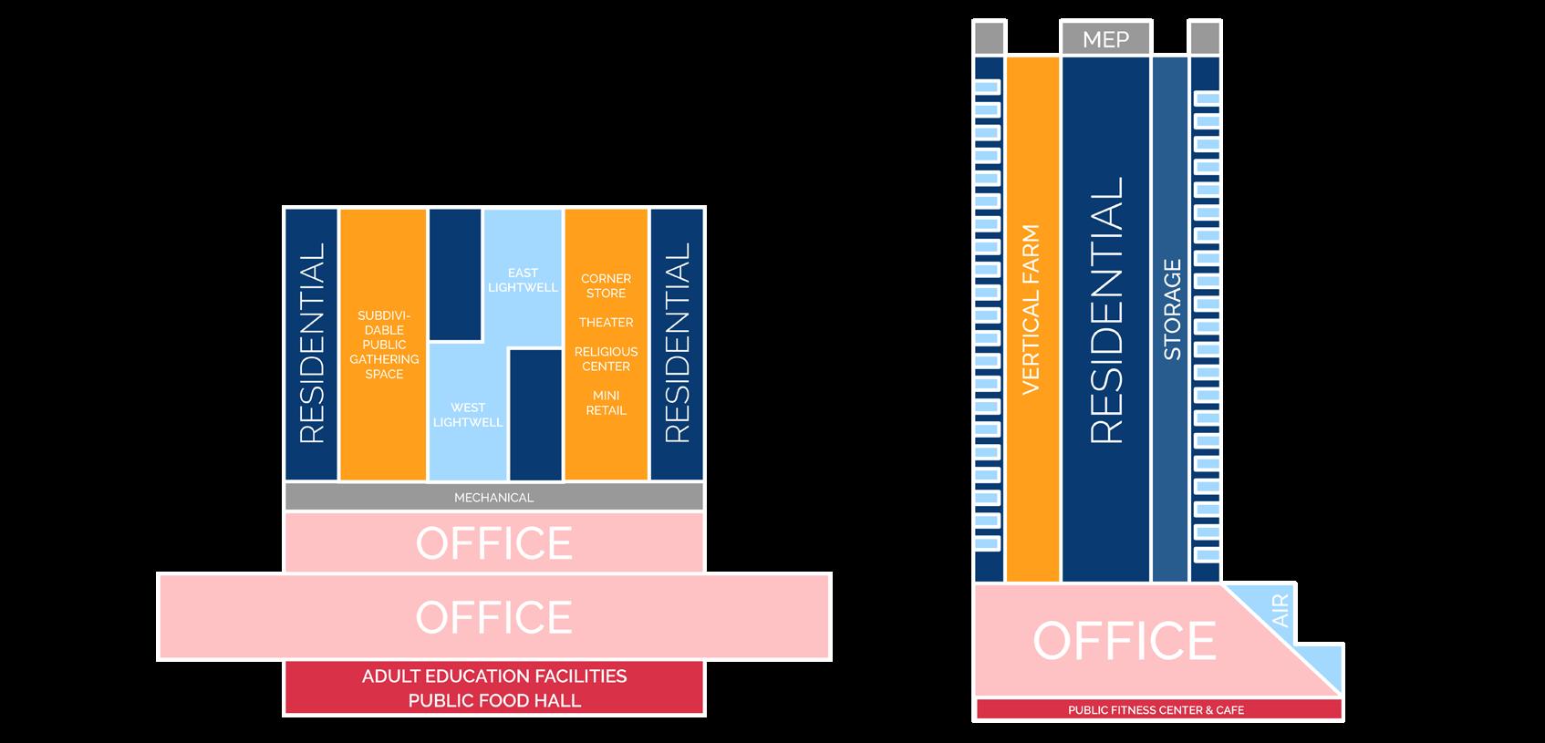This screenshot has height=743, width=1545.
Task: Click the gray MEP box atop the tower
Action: pos(1105,39)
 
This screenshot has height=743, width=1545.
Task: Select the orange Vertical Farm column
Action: pos(1032,310)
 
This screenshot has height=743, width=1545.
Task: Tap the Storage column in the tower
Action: pos(1171,310)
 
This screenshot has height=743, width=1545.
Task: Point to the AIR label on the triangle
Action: pos(1280,610)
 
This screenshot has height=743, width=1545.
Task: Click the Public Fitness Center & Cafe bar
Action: pos(1156,709)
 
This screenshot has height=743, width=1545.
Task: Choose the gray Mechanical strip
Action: pos(493,497)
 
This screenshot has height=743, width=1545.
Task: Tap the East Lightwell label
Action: pos(524,280)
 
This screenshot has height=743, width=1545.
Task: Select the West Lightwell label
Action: pos(468,415)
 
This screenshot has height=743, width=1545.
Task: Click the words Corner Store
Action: pos(606,285)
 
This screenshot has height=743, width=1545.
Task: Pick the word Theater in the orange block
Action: pos(606,322)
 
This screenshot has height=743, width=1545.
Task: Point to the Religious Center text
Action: pos(606,358)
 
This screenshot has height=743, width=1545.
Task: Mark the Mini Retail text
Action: pos(606,403)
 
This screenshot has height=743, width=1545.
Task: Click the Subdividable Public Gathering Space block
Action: pos(384,345)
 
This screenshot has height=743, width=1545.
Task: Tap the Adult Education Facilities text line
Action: pos(493,676)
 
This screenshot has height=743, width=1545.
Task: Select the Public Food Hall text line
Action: pos(493,700)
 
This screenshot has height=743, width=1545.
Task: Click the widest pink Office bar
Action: pos(493,617)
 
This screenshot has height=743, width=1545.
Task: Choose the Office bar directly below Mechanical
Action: pos(493,542)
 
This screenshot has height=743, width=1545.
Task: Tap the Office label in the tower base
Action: pos(1124,640)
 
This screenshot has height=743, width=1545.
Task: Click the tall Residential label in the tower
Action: pos(1105,310)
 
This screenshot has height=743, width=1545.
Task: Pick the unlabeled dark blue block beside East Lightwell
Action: pos(455,273)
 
